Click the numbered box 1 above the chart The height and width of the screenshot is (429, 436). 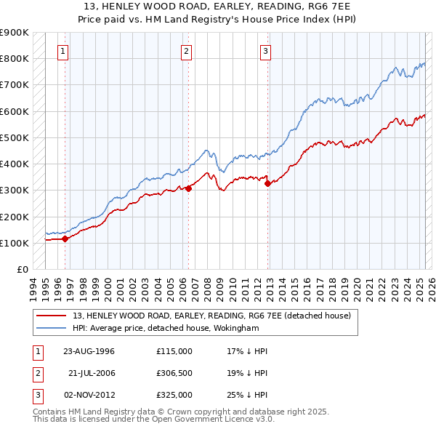pos(64,51)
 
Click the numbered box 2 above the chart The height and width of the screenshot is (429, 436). pos(187,51)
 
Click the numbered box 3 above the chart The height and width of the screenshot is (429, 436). pos(266,51)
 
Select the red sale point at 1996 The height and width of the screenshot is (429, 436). pos(65,238)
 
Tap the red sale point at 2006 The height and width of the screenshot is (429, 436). pos(188,188)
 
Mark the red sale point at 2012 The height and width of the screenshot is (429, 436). pos(267,183)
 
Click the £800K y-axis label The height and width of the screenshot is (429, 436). pos(14,58)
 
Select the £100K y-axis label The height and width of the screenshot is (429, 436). pos(14,243)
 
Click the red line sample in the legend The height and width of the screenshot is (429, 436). pos(51,316)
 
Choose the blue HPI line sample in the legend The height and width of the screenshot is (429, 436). pos(51,328)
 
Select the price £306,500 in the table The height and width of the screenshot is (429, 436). pos(174,373)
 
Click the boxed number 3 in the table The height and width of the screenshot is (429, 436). pos(36,395)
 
